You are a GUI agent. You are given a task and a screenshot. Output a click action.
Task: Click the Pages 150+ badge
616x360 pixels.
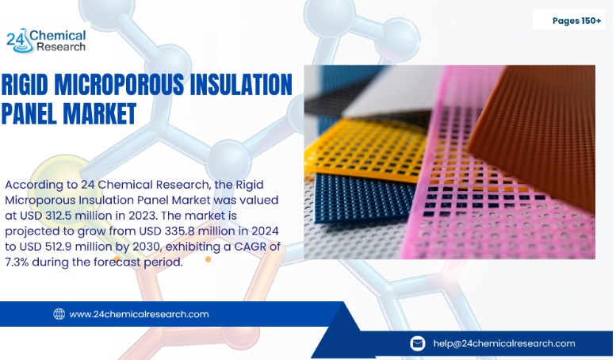point(576,21)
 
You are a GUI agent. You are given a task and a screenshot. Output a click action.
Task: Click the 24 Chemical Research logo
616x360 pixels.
point(46,40)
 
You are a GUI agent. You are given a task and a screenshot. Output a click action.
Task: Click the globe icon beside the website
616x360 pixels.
point(59,314)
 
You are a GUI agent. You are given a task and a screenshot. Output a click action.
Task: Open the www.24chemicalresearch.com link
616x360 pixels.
point(139,314)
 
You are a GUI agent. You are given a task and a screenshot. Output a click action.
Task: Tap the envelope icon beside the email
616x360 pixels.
point(417,343)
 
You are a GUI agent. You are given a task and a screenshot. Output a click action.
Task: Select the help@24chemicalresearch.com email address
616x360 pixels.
point(503,343)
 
